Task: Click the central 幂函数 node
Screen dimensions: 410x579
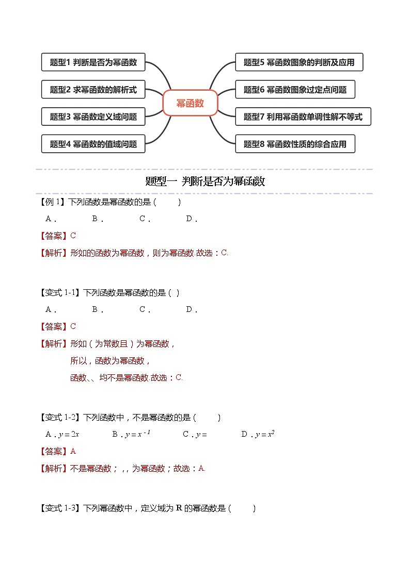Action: (190, 103)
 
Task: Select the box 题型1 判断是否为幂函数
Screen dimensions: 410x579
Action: (93, 62)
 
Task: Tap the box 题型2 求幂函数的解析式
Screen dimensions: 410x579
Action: (93, 90)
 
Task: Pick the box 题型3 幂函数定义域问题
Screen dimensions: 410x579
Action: (93, 117)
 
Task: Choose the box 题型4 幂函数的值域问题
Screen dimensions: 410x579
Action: (93, 144)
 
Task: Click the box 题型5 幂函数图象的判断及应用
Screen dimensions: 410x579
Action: (299, 62)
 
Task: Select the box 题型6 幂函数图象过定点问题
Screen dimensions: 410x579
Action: (295, 90)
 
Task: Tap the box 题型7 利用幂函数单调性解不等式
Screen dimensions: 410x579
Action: (303, 117)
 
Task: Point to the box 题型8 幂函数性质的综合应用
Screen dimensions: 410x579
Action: (295, 144)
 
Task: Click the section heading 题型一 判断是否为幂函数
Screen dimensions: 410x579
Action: (205, 181)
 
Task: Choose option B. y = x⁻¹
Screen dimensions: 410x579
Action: (131, 434)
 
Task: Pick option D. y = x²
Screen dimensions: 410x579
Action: (258, 434)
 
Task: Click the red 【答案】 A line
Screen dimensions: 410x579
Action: (58, 451)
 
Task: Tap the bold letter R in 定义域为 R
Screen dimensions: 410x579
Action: (179, 508)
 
